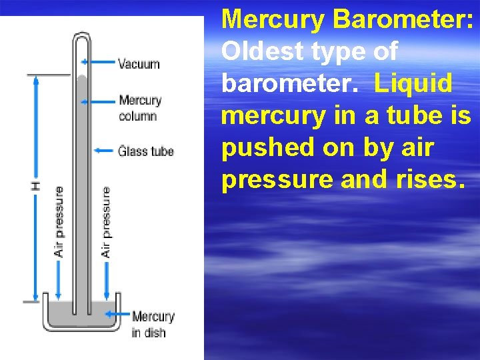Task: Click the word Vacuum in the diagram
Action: pyautogui.click(x=139, y=64)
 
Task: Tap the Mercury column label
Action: pyautogui.click(x=140, y=108)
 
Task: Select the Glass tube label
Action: pyautogui.click(x=146, y=151)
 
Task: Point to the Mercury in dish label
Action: pyautogui.click(x=153, y=324)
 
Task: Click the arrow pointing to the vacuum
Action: pyautogui.click(x=100, y=62)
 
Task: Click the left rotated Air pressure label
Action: pyautogui.click(x=59, y=221)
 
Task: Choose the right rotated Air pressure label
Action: pyautogui.click(x=106, y=221)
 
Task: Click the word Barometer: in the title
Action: pyautogui.click(x=404, y=19)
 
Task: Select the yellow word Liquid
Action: pyautogui.click(x=413, y=84)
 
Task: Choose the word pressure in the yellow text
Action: pyautogui.click(x=277, y=180)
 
